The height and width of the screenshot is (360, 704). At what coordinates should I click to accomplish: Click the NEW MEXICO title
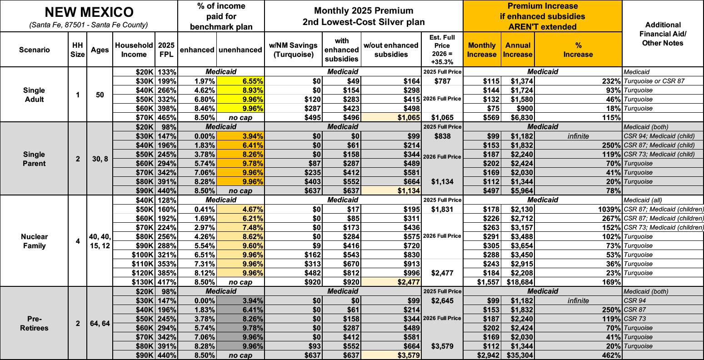(89, 11)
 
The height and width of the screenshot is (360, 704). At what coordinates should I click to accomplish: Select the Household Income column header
(134, 50)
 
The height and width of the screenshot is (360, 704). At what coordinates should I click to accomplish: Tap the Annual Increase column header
(517, 50)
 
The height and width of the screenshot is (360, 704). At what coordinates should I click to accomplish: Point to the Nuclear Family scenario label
(34, 241)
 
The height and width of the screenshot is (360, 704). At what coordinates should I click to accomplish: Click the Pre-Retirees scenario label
(34, 323)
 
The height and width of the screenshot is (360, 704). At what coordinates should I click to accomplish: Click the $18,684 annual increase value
(518, 282)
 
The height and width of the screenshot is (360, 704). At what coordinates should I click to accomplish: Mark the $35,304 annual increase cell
(518, 355)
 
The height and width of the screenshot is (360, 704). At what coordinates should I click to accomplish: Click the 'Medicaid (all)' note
(641, 200)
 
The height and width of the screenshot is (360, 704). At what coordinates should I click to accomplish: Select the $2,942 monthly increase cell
(485, 355)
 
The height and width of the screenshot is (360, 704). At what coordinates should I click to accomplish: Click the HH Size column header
(78, 50)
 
